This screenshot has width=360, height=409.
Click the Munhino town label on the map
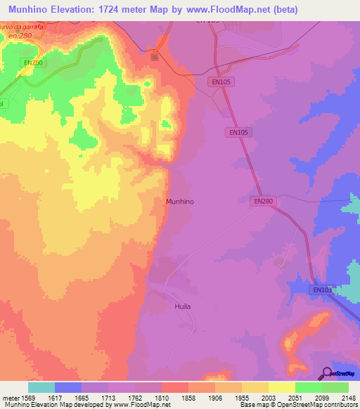click(179, 201)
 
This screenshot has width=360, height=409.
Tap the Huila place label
click(183, 307)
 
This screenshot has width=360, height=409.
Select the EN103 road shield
click(321, 290)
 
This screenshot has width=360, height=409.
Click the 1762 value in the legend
click(136, 398)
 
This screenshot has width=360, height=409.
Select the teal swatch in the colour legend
click(41, 387)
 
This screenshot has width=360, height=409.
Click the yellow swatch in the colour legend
click(281, 387)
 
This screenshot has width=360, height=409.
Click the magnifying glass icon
click(326, 373)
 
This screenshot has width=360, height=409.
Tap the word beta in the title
click(285, 10)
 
